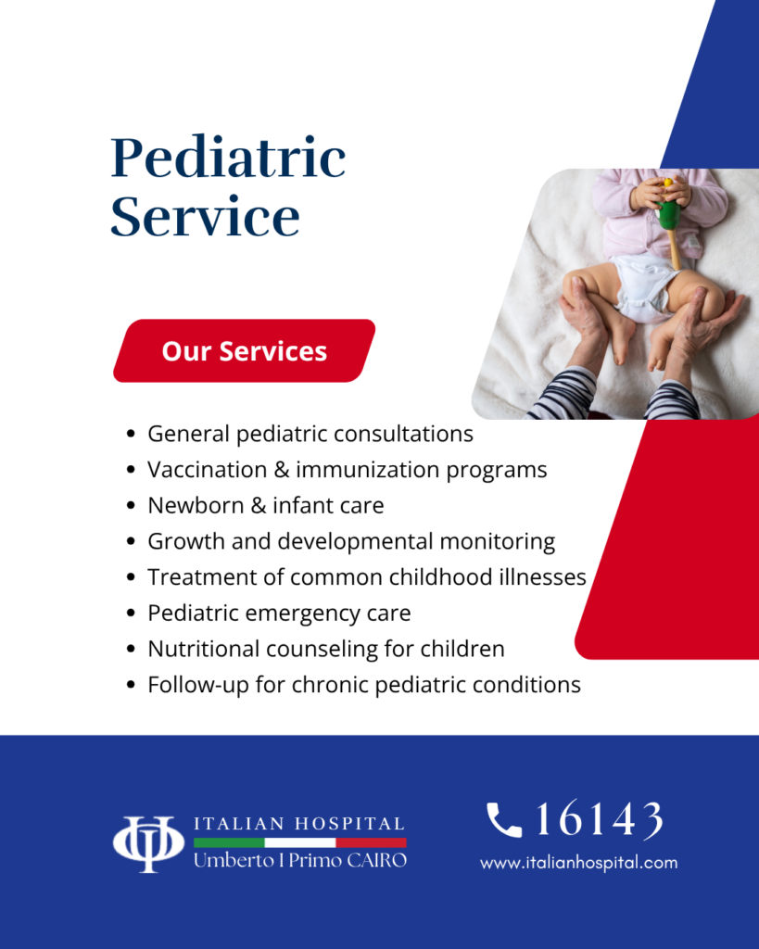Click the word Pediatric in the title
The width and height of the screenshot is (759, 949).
coord(228,158)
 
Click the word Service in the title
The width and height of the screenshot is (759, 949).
coord(205,215)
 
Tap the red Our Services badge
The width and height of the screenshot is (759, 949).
coord(245,351)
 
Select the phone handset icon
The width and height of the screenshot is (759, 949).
coord(504,819)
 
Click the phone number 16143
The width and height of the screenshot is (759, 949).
coord(600,819)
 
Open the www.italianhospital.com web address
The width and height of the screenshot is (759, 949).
coord(578,863)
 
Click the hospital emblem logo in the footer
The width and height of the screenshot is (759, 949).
coord(148,844)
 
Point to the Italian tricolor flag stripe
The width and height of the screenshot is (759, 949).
coord(300,842)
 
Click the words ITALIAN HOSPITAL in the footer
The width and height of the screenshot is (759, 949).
coord(299,824)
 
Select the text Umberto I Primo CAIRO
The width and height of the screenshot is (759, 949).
coord(300,860)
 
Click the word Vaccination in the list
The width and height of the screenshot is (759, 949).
coord(207,470)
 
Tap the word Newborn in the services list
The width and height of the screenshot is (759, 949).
coord(196,505)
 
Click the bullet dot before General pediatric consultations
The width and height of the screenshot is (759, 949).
coord(130,434)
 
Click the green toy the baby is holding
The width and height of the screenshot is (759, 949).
coord(669,215)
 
